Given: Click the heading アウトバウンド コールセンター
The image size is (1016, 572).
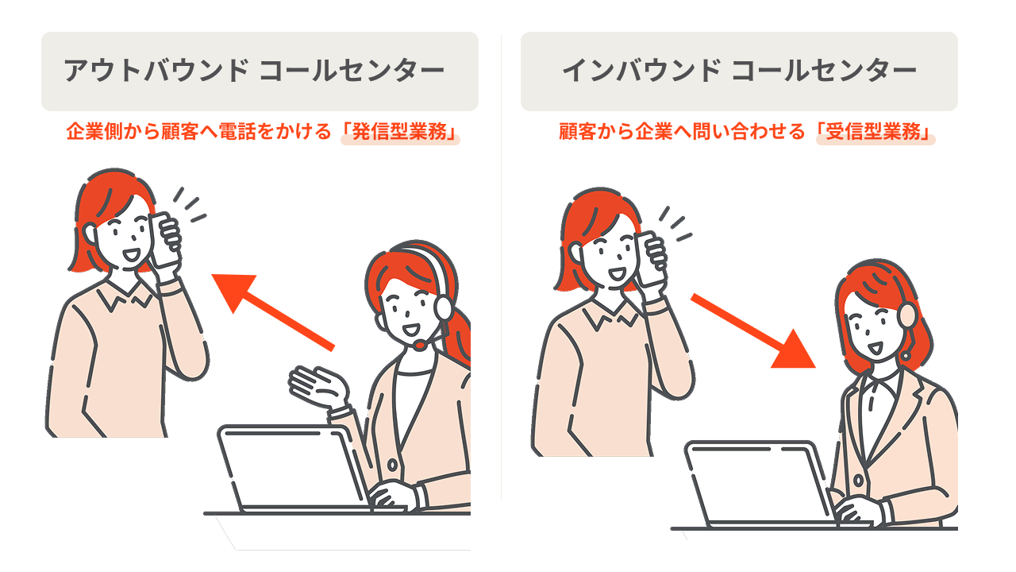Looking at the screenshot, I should coord(254,71).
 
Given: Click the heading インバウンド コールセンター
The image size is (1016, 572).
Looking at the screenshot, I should coord(738,71).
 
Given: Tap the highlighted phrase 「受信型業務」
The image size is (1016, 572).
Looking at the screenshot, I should coord(876,133).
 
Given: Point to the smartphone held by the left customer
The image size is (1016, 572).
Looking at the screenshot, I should coord(164,239).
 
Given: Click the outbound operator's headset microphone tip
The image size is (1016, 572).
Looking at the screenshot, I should coord(418,346).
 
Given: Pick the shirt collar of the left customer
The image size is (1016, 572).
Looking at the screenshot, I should coord(119,300).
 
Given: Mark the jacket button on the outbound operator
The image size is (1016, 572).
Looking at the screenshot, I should coord(391,466).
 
